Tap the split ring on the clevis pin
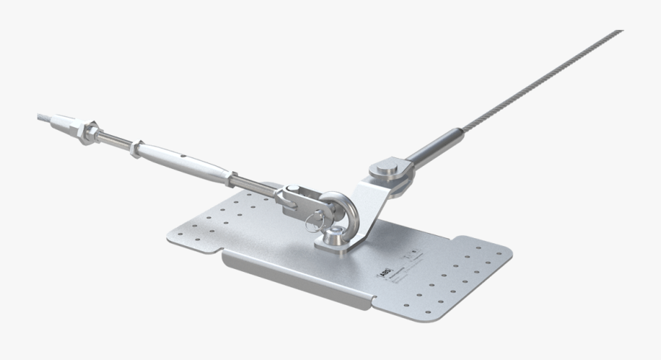pos(317,217)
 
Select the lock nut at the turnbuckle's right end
pos(233,179)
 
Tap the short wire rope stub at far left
pos(46,118)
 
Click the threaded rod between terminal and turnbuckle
pos(114,141)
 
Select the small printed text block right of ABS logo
pos(414,258)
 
